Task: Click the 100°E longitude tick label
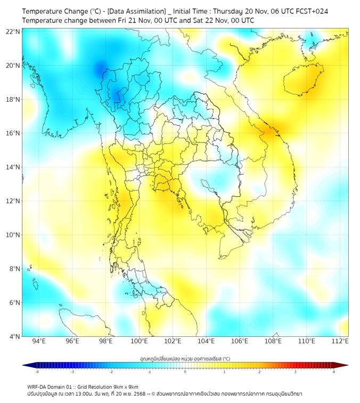click(x=139, y=341)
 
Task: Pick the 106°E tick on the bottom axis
click(x=240, y=341)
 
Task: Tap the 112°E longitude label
click(x=340, y=341)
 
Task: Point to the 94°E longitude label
click(x=39, y=341)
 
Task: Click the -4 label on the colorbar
click(x=37, y=372)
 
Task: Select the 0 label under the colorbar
click(x=185, y=372)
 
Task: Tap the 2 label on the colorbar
click(x=259, y=372)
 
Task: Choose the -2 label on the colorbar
click(x=111, y=372)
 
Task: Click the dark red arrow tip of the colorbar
click(x=345, y=365)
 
